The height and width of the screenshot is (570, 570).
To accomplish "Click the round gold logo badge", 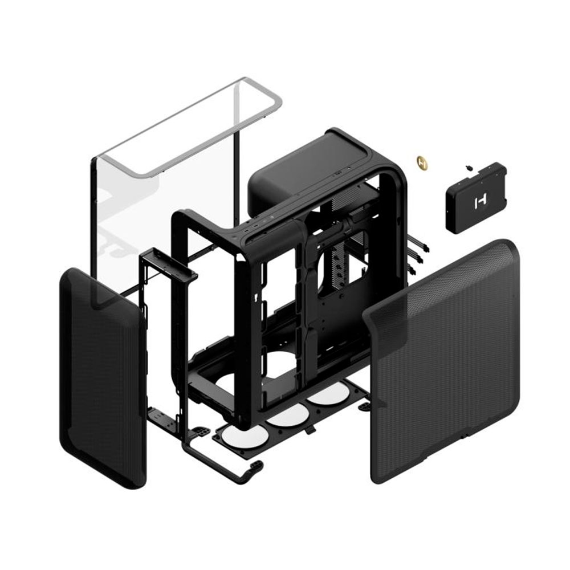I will click(422, 161).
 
